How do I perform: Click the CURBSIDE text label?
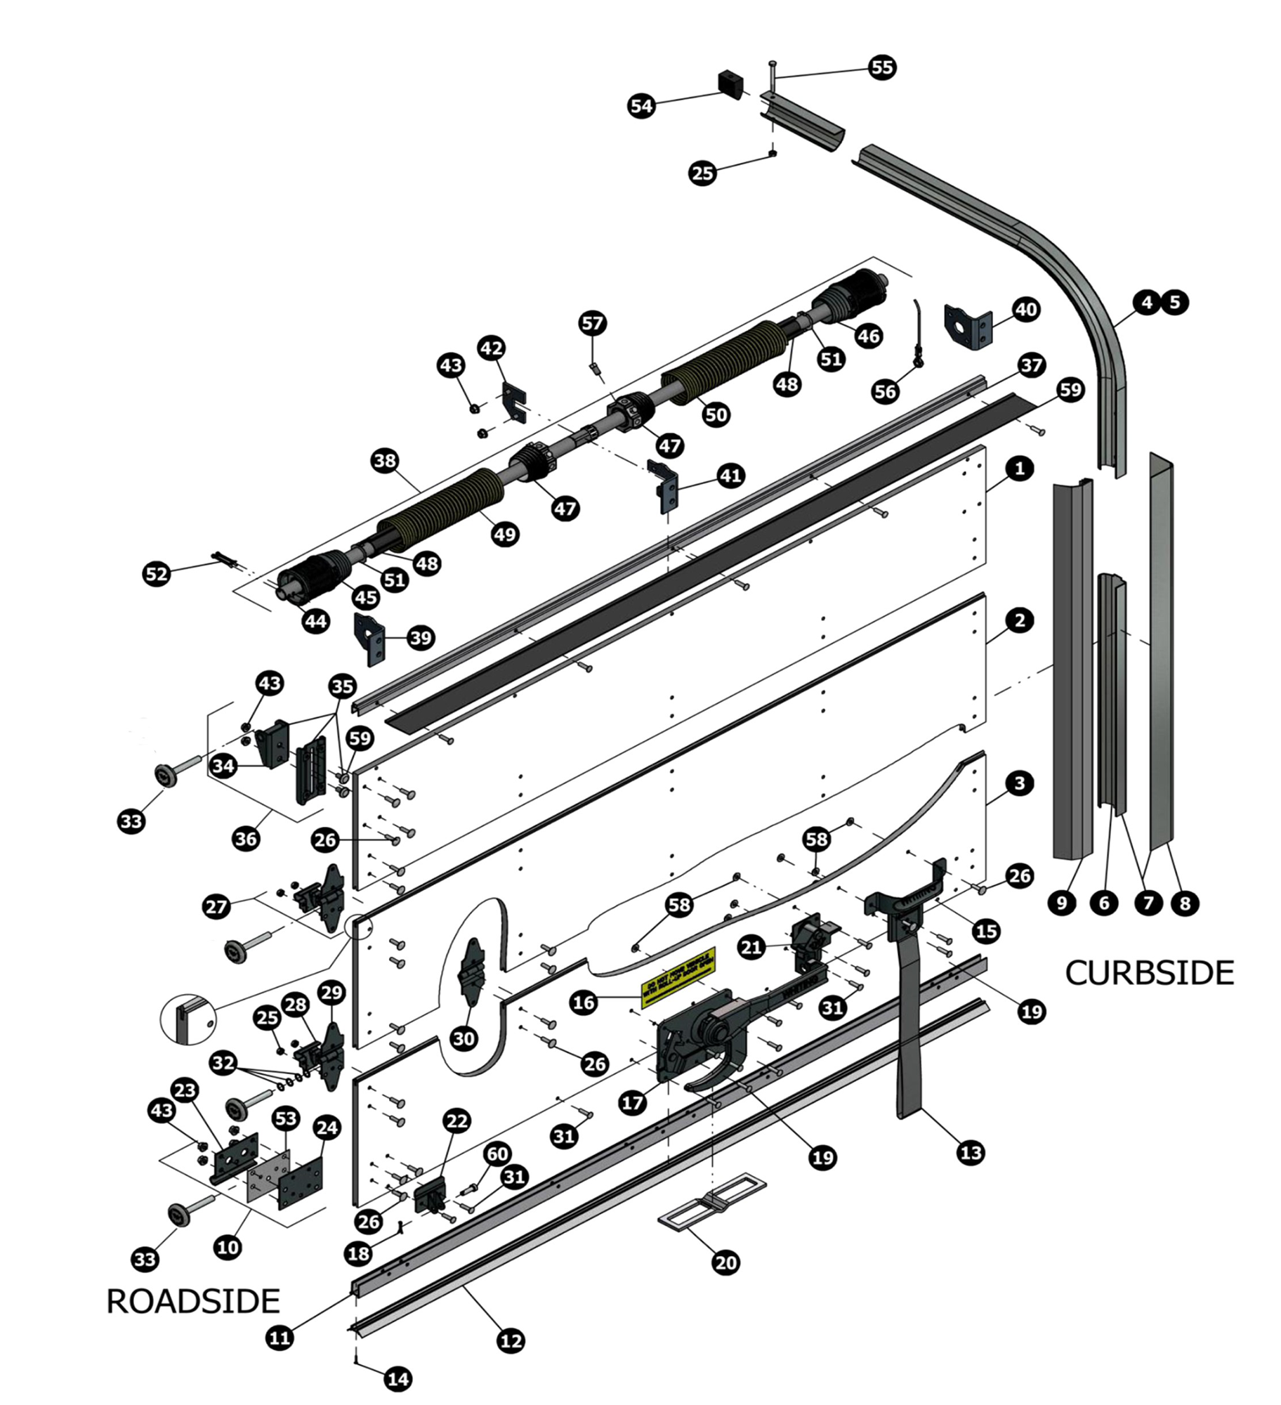1150,973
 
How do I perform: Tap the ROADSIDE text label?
193,1301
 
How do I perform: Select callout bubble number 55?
882,67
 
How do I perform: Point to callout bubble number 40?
1026,309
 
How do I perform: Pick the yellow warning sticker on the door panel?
678,973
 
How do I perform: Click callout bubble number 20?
725,1262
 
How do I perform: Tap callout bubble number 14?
398,1379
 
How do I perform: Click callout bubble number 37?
1032,365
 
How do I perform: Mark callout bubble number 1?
1020,469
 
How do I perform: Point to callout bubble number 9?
1062,903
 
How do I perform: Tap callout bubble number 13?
971,1153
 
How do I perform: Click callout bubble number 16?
584,1002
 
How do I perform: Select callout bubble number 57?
592,323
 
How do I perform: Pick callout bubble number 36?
246,839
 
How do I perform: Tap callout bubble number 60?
497,1154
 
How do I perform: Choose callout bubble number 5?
1175,302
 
